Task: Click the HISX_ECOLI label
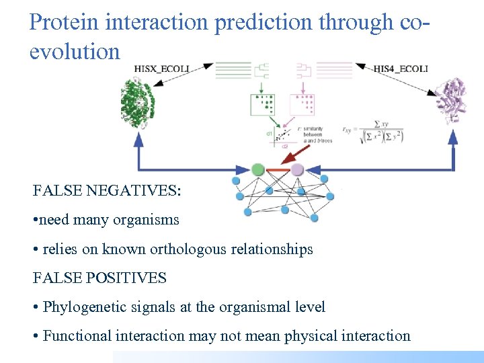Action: [163, 68]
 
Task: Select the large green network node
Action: [257, 169]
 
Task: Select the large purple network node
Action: [298, 169]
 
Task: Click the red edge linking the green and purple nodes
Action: [278, 169]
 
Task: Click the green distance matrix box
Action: [263, 105]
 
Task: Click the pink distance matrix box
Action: [302, 105]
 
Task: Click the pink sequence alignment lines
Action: [331, 70]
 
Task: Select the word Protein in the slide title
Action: [63, 23]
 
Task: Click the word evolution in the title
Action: [75, 51]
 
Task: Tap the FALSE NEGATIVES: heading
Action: [106, 191]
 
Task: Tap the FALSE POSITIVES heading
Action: [99, 278]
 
